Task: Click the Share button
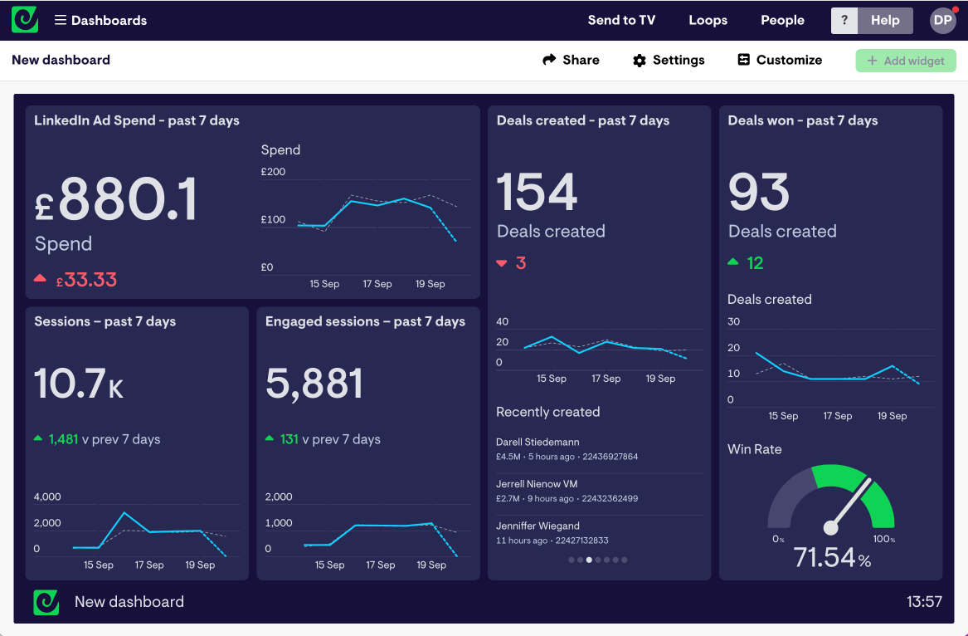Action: coord(571,60)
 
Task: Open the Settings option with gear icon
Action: coord(669,60)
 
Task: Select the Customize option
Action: coord(780,60)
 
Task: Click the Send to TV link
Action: coord(621,20)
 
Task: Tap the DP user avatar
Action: coord(943,20)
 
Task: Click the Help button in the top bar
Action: coord(884,20)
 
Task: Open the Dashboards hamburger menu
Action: coord(61,20)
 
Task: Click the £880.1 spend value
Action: coord(116,201)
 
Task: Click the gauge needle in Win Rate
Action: coord(849,503)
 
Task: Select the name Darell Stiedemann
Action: coord(538,442)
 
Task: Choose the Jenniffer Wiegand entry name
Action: coord(538,526)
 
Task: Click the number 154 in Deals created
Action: coord(537,193)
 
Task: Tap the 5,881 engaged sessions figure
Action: coord(314,384)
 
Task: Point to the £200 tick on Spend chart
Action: coord(273,172)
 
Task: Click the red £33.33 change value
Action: coord(85,280)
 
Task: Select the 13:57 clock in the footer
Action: coord(924,602)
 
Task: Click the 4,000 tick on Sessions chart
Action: coord(47,497)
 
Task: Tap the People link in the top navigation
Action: coord(782,20)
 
